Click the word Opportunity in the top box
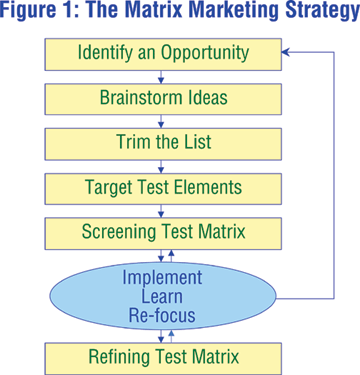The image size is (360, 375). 205,53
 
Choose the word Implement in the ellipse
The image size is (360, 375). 162,278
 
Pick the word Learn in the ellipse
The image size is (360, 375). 162,296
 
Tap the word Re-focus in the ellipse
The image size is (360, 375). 162,315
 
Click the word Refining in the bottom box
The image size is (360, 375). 123,357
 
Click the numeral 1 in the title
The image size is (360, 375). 70,11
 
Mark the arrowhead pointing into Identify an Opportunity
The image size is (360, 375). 285,52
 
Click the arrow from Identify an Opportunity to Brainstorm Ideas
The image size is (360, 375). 161,77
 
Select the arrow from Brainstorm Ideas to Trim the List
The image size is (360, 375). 161,122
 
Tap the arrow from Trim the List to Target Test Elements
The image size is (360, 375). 161,166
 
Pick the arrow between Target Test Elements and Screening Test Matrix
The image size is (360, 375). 161,211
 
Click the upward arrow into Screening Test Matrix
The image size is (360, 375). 171,256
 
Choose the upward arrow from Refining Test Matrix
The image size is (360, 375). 171,336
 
